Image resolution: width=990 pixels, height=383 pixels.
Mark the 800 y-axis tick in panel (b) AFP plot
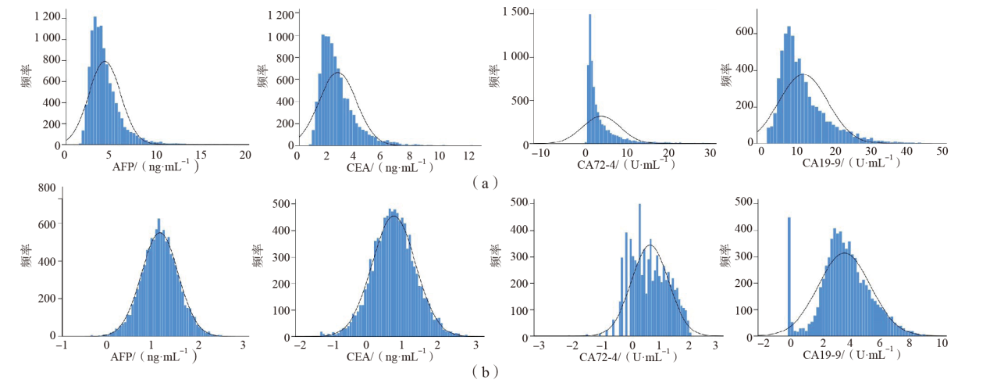pyautogui.click(x=45, y=188)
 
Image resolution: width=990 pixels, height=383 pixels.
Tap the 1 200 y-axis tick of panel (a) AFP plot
pyautogui.click(x=39, y=16)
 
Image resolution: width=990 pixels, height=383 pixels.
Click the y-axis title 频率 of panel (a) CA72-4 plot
pyautogui.click(x=494, y=78)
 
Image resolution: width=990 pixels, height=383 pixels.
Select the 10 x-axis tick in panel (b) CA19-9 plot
pyautogui.click(x=941, y=344)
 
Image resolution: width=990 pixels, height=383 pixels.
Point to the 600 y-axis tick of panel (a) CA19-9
pyautogui.click(x=744, y=32)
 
